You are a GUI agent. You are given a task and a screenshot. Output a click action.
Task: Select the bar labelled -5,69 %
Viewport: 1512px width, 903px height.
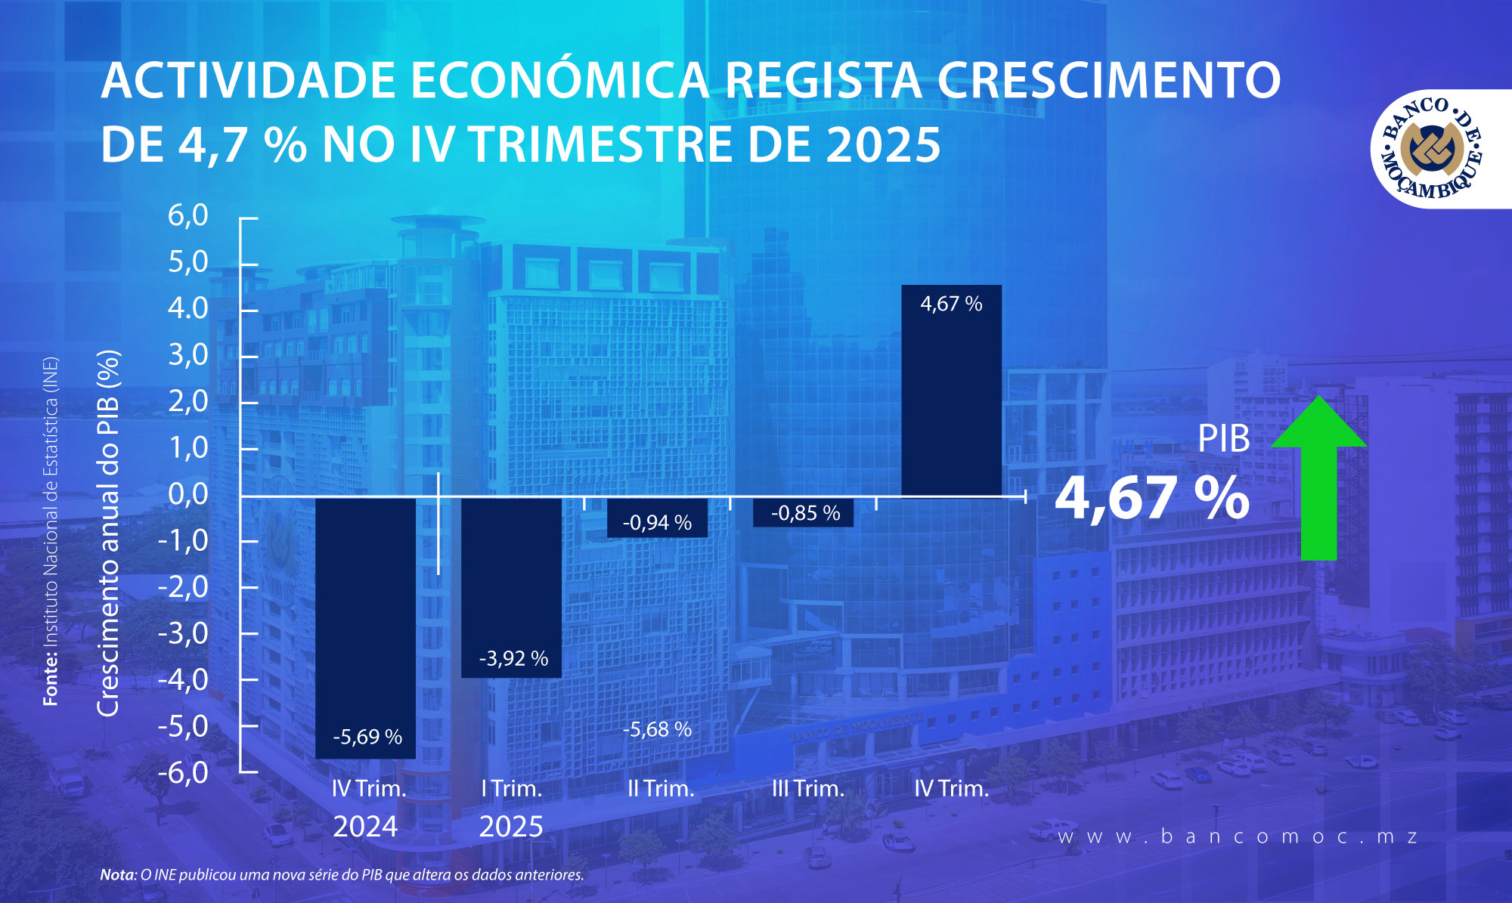coord(365,627)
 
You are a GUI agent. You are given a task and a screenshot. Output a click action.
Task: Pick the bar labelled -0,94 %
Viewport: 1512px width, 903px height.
coord(657,518)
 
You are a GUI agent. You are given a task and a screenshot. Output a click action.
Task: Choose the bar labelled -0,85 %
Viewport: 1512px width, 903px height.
coord(804,512)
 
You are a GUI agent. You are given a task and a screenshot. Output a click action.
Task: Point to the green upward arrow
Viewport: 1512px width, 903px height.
coord(1319,476)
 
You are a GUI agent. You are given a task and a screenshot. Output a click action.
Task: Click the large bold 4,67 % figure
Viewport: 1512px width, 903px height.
coord(1151,498)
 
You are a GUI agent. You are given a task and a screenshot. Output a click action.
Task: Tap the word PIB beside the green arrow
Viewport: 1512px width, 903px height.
coord(1223,439)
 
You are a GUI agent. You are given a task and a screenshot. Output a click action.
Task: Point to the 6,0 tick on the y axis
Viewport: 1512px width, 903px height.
coord(188,216)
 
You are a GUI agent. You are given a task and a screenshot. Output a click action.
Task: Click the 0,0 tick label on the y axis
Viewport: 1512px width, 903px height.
coord(188,494)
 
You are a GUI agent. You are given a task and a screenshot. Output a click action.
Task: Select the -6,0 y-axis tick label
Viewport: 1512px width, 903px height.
coord(183,772)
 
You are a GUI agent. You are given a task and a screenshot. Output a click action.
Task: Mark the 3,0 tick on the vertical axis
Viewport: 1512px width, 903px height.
coord(188,354)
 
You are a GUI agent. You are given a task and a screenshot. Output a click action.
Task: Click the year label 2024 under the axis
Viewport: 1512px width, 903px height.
coord(365,827)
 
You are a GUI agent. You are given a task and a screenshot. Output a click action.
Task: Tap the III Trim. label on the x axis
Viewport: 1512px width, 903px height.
coord(807,789)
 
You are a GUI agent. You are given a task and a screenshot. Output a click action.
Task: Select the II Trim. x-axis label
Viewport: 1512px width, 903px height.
coord(661,789)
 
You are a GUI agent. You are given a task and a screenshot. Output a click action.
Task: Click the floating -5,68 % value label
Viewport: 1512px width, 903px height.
coord(657,729)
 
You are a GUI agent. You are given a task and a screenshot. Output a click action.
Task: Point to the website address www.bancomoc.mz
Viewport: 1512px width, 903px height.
coord(1238,837)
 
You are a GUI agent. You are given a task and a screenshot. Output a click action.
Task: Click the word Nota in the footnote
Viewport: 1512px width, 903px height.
coord(117,875)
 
